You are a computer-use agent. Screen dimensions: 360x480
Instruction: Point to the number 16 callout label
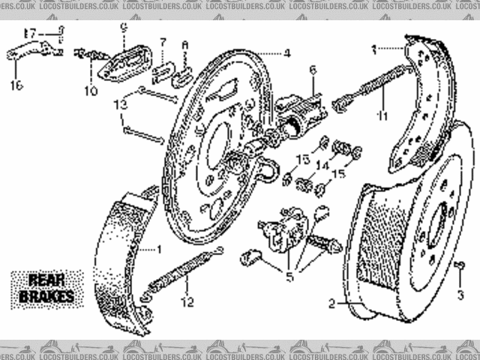tap(16, 85)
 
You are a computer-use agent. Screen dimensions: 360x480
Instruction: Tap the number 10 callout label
tap(91, 91)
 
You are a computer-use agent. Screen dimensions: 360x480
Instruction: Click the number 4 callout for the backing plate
tap(287, 53)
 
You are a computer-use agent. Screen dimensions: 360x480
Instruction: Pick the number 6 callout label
tap(313, 70)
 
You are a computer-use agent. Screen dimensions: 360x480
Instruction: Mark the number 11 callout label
tap(382, 116)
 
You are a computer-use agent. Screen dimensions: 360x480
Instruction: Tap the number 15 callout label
tap(339, 174)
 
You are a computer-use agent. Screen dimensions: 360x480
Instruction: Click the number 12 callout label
tap(187, 302)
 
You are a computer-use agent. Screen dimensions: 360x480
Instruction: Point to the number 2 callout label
tap(331, 304)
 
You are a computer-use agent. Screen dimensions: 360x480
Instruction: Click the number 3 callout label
tap(460, 293)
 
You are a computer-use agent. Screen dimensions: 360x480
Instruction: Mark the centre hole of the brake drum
tap(434, 225)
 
